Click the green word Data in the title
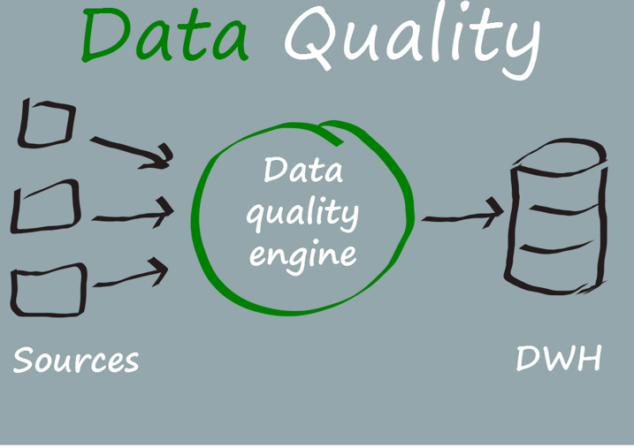(164, 37)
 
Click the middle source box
(46, 208)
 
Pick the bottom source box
(49, 289)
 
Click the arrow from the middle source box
(133, 213)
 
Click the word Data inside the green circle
(302, 171)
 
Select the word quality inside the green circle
(302, 215)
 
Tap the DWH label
(558, 359)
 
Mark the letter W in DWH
(559, 359)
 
